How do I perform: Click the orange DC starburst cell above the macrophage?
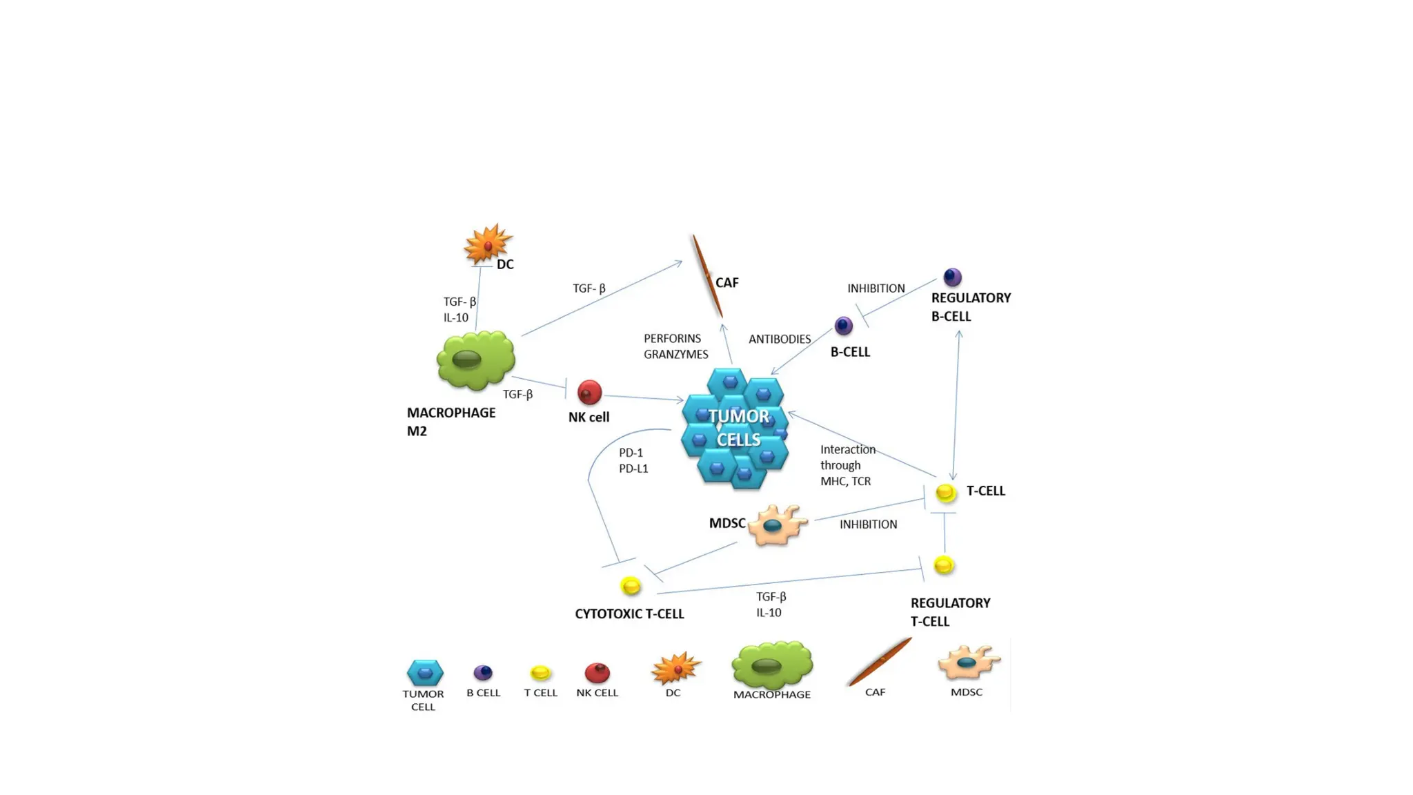pos(488,244)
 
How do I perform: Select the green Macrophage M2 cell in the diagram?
pos(475,360)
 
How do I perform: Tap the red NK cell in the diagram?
pos(589,393)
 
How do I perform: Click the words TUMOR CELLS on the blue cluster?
pos(738,428)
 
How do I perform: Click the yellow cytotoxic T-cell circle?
pos(631,586)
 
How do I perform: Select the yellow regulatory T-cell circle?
pos(944,565)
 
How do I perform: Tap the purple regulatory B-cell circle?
pos(952,277)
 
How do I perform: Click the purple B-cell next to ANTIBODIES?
pos(843,326)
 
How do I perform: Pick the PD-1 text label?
pos(631,453)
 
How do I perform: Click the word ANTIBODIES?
pos(780,339)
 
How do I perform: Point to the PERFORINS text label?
pos(672,338)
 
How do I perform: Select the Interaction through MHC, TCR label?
pos(847,465)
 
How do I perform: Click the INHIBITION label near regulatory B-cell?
pos(876,288)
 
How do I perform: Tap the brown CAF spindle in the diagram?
pos(707,276)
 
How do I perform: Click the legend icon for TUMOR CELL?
pos(425,672)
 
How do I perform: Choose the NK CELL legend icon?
pos(597,672)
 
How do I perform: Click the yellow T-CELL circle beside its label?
pos(946,493)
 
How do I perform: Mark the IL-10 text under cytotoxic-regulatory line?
pos(769,613)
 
